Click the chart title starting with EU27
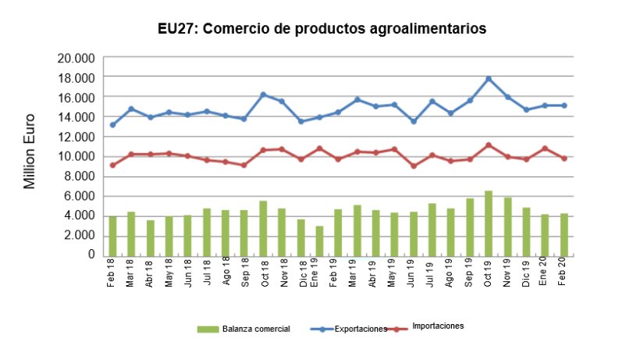(x=321, y=28)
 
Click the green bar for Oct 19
(x=489, y=223)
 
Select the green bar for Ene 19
(x=319, y=240)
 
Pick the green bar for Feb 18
(x=112, y=235)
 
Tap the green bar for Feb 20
(x=564, y=234)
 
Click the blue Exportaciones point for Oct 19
(x=489, y=79)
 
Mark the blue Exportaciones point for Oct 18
(x=263, y=94)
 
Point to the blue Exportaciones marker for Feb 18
(x=112, y=125)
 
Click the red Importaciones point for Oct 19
(x=489, y=145)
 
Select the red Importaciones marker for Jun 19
(x=414, y=166)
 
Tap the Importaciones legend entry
(x=438, y=326)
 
